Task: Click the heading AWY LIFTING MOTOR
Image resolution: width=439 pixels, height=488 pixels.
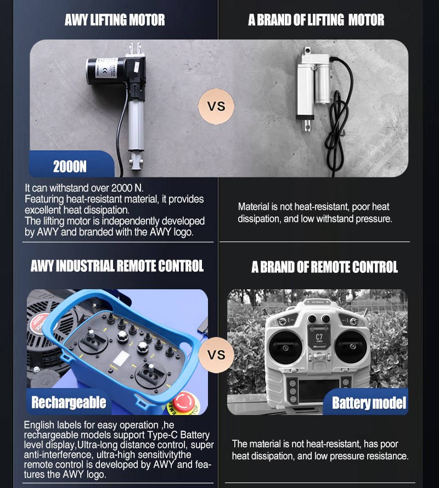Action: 115,20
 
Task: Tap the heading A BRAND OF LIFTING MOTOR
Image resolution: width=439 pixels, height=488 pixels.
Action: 316,20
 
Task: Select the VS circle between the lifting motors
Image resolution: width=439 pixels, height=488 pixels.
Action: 216,106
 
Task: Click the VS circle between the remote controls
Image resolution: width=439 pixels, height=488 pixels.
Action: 216,355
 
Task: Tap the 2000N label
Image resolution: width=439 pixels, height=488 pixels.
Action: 70,167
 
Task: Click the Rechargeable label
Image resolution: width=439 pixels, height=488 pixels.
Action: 69,402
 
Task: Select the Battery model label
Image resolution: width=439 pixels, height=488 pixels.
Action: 369,403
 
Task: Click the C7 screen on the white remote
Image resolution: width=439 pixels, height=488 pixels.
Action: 319,337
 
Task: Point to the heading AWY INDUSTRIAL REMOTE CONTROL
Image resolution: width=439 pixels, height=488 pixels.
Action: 117,266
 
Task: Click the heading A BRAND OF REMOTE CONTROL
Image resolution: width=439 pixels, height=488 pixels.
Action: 324,267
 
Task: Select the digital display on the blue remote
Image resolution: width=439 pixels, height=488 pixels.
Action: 120,359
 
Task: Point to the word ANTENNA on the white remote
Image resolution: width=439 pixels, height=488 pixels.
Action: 318,302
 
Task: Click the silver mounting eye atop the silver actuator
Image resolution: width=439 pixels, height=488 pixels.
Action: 308,50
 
